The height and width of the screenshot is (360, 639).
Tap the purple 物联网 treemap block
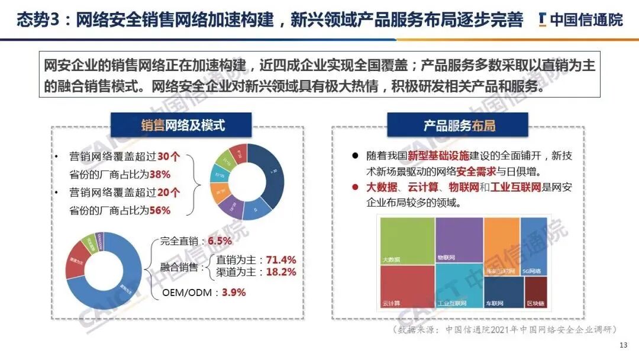459,239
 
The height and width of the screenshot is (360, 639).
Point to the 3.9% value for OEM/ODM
234,292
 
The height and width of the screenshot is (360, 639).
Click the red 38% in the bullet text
160,175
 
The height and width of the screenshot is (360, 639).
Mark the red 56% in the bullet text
160,210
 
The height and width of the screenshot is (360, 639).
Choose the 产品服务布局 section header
458,125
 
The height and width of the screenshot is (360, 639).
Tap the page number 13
622,345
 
